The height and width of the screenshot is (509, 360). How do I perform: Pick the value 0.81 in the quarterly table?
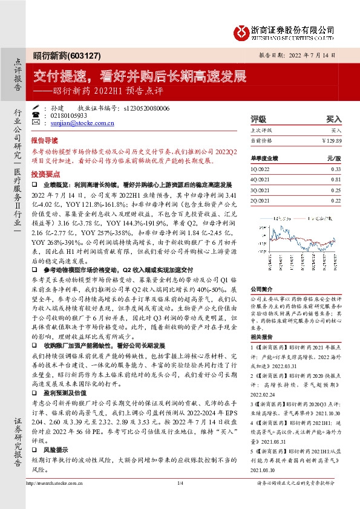pos(335,180)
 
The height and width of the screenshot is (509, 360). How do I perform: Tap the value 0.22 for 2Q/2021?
pos(335,200)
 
